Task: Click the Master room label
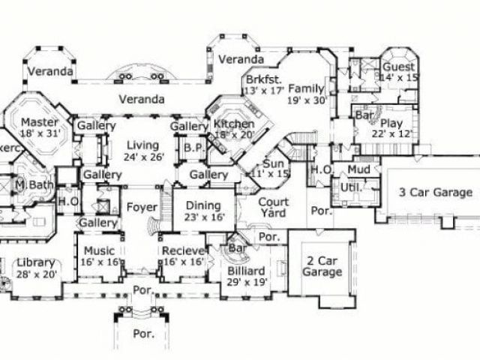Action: (34, 121)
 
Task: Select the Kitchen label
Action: (234, 124)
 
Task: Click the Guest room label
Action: (399, 66)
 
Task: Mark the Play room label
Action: (391, 122)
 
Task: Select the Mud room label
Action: (360, 170)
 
